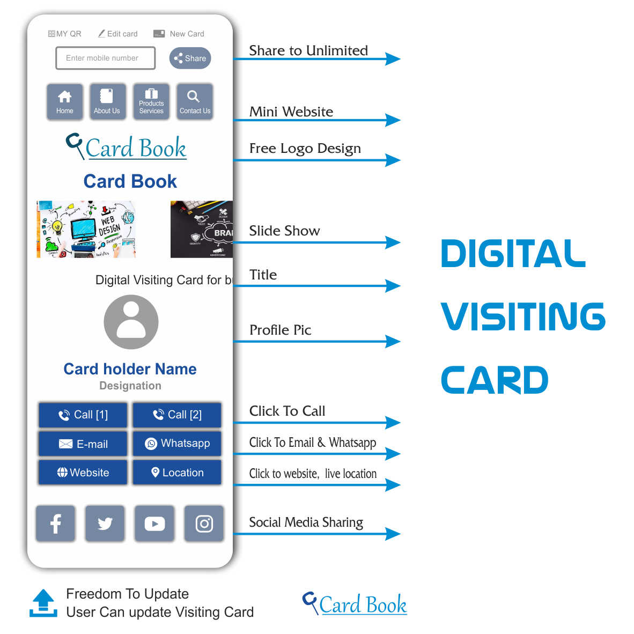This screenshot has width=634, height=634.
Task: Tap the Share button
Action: tap(190, 58)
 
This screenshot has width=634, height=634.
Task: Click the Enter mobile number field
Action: tap(105, 58)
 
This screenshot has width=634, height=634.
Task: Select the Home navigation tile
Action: tap(65, 101)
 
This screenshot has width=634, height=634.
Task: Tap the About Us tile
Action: tap(107, 101)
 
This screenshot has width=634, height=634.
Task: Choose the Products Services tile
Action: tap(151, 101)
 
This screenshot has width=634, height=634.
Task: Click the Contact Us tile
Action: tap(195, 101)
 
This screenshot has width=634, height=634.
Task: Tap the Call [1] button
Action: tap(83, 415)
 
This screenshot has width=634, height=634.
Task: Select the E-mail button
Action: tap(83, 444)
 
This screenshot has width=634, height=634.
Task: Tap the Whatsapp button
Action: tap(177, 444)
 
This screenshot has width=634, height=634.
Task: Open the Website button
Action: tap(83, 473)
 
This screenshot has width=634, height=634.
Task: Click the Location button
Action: tap(177, 473)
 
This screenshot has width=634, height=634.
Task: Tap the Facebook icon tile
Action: tap(56, 524)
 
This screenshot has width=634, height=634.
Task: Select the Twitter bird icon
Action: tap(105, 524)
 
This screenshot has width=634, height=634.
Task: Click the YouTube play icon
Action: tap(154, 524)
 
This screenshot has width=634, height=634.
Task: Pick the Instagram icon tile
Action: tap(204, 524)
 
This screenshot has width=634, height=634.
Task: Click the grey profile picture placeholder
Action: tap(131, 322)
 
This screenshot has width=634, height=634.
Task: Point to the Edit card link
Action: tap(118, 34)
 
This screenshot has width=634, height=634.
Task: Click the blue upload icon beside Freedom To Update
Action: tap(43, 603)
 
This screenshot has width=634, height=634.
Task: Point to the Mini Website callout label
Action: tap(291, 112)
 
